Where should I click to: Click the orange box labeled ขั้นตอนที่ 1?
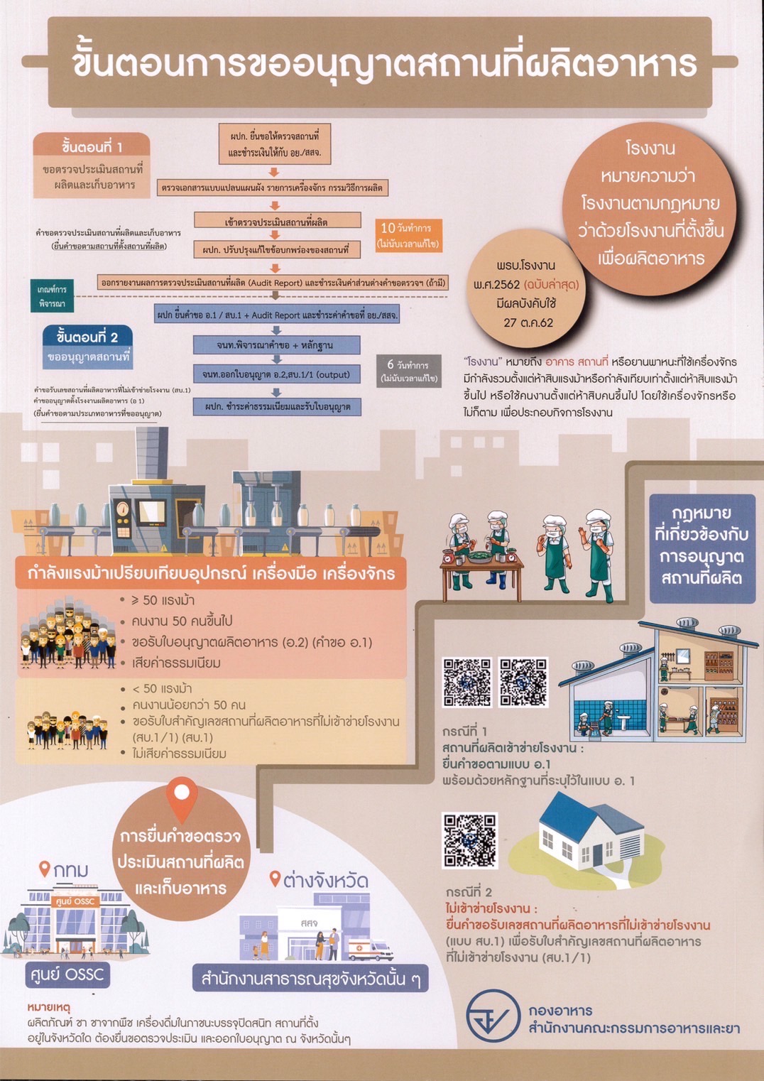point(92,147)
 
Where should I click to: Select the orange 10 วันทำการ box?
point(408,235)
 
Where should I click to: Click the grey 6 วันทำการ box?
point(408,371)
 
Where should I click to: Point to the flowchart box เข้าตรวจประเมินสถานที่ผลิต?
point(276,222)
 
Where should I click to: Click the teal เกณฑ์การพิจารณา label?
point(52,297)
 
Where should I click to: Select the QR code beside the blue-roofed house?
point(469,841)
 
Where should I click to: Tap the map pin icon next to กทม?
point(44,869)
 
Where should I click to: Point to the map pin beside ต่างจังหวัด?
point(275,879)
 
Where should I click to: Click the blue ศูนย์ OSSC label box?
point(67,974)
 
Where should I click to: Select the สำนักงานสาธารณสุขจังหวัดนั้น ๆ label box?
point(310,979)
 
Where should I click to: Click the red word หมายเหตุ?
point(49,1007)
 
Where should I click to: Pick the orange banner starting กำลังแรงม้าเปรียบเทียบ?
point(210,573)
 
